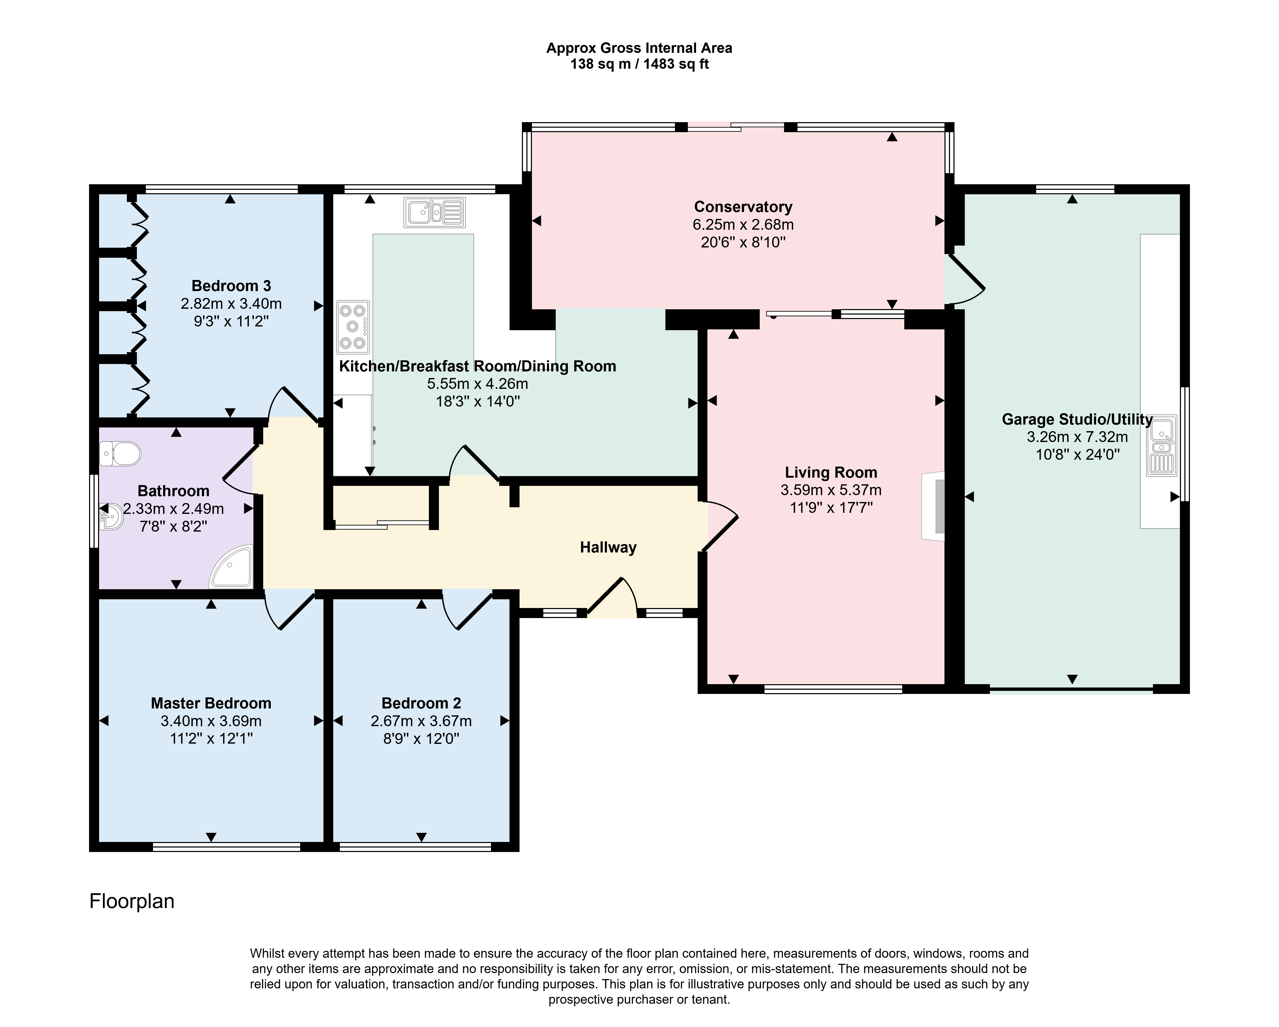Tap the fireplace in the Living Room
tap(933, 506)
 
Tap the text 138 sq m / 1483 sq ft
tap(639, 64)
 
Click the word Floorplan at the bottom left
tap(132, 901)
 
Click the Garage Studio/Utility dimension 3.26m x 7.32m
tap(1077, 437)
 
